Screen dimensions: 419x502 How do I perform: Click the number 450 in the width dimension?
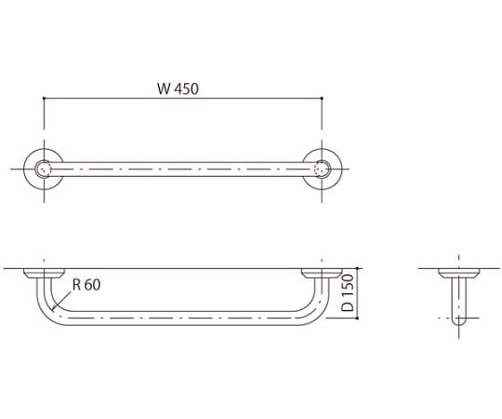tap(189, 89)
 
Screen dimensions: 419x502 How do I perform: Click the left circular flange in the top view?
tap(43, 169)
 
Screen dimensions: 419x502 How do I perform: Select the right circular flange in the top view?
tap(323, 169)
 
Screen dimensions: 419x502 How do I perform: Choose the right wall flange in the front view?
tap(323, 273)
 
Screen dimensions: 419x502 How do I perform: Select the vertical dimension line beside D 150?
tap(357, 294)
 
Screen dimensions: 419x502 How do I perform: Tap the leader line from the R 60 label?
tap(60, 300)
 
